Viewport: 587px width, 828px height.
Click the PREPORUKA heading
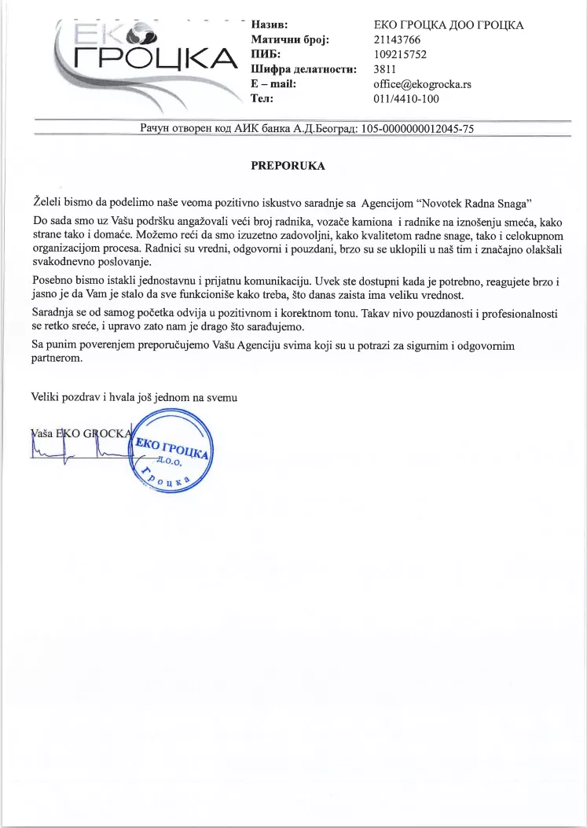coord(287,166)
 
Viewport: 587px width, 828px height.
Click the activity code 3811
coord(385,70)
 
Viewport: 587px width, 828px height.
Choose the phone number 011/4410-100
coord(406,99)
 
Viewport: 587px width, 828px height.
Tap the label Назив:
coord(269,26)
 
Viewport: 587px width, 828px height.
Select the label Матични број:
coord(289,40)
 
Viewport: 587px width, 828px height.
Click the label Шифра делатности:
coord(303,70)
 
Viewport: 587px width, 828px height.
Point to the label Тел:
coord(261,99)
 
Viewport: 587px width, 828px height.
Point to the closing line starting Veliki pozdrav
coord(134,397)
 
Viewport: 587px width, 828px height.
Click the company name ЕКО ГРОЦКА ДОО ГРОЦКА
coord(448,26)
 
